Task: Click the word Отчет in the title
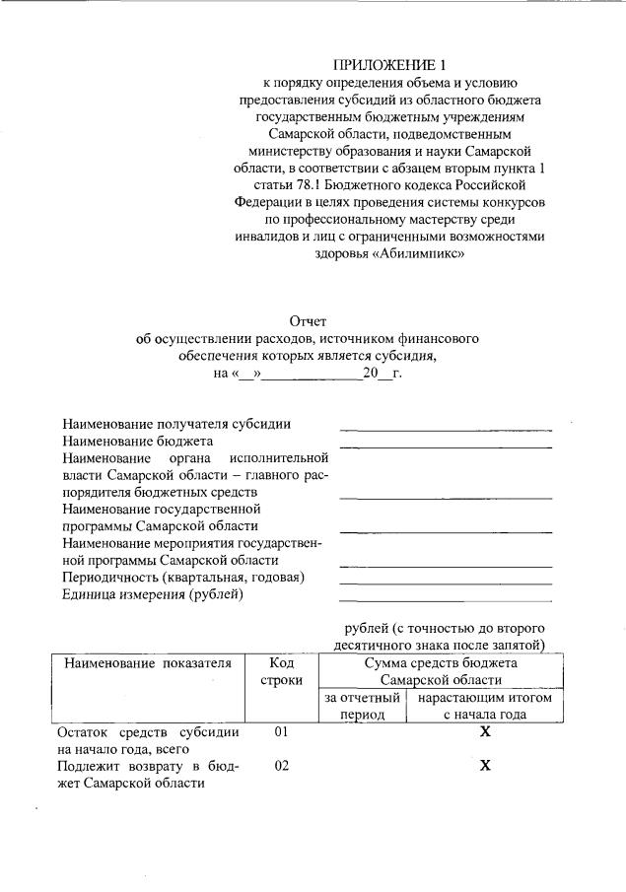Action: pos(308,321)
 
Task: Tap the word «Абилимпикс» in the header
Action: pos(419,252)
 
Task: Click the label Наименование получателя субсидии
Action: pos(175,424)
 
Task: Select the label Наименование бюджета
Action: pos(137,441)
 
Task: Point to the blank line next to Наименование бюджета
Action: pos(445,446)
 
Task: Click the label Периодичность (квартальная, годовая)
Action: pos(182,577)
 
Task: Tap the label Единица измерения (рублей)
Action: pos(152,593)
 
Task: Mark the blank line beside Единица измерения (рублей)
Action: pos(445,599)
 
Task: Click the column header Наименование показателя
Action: pos(148,663)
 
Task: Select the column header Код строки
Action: pos(281,671)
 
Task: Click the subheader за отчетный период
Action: pos(362,706)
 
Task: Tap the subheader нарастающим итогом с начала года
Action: pos(484,706)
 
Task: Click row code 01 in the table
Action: pos(282,733)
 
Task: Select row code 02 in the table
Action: pos(282,767)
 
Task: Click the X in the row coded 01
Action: pos(484,733)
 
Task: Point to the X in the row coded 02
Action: pos(484,767)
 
